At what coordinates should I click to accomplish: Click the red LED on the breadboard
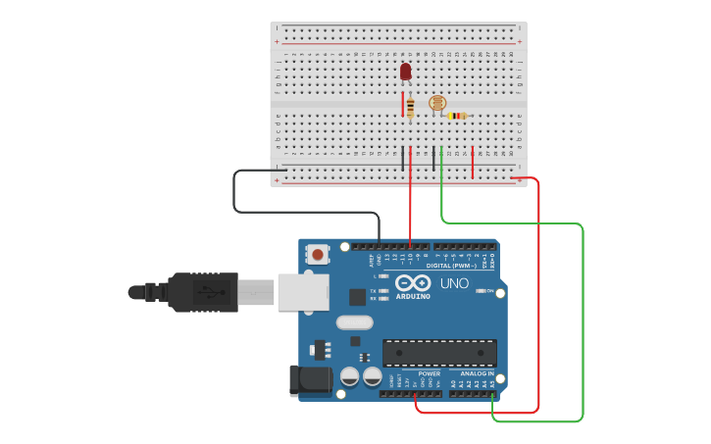click(x=406, y=72)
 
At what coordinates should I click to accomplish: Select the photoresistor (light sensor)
click(x=437, y=103)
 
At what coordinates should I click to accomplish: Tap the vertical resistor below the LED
click(x=410, y=107)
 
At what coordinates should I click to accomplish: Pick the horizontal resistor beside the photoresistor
click(x=456, y=116)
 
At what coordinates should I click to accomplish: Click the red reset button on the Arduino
click(x=318, y=254)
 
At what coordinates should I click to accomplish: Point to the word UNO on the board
click(x=453, y=283)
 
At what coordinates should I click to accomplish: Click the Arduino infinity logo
click(x=413, y=283)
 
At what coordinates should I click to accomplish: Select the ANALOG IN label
click(x=478, y=373)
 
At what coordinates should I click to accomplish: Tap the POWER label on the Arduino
click(x=430, y=373)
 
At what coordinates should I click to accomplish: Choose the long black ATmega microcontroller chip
click(x=439, y=353)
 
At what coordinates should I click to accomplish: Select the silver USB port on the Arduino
click(x=302, y=291)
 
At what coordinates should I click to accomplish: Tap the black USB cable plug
click(x=202, y=292)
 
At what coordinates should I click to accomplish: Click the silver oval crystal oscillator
click(x=354, y=322)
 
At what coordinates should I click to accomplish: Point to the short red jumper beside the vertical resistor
click(x=401, y=104)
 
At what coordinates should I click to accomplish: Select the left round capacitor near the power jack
click(x=349, y=376)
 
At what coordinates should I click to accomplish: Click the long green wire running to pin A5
click(x=583, y=323)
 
